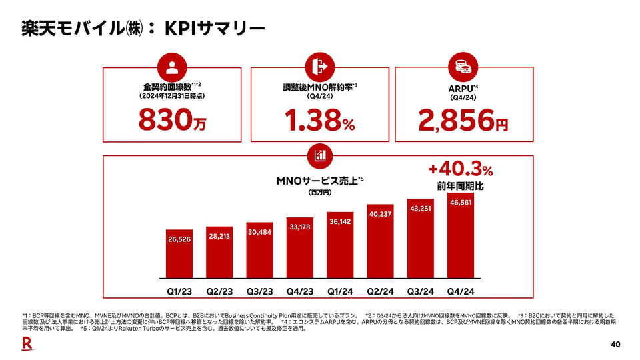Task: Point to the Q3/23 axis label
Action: pos(259,291)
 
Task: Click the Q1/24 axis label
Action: pos(340,291)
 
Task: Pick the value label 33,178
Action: pos(300,227)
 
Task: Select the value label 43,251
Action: pos(421,208)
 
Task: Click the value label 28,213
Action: pos(219,236)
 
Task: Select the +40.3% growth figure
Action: pos(460,169)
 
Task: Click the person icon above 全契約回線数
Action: pos(172,67)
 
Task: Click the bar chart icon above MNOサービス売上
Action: pos(319,155)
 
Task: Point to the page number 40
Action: pos(615,344)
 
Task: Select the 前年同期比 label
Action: pos(460,186)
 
